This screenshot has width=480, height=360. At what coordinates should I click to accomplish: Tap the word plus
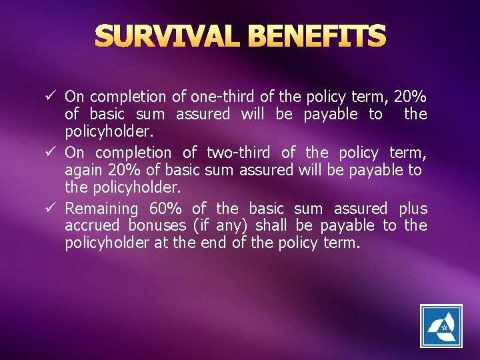(413, 209)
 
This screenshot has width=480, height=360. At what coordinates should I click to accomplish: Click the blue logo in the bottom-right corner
(441, 326)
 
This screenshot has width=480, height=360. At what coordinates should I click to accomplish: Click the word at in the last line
(161, 243)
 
